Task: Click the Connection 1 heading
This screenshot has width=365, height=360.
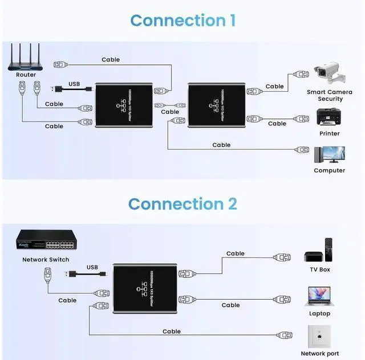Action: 182,21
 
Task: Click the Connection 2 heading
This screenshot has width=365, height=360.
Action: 182,204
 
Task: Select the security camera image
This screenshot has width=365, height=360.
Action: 329,75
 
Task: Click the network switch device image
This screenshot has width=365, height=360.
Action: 46,242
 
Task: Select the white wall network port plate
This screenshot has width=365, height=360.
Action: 320,336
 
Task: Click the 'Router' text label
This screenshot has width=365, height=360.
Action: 26,75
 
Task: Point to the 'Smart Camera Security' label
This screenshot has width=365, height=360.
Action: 330,95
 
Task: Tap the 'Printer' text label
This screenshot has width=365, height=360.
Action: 329,133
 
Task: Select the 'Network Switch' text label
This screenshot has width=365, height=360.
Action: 46,260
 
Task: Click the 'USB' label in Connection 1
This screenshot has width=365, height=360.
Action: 74,84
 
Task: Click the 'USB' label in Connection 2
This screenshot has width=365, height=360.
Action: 92,267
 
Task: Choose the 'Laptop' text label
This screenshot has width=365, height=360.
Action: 320,313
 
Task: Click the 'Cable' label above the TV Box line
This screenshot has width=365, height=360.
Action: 235,253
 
